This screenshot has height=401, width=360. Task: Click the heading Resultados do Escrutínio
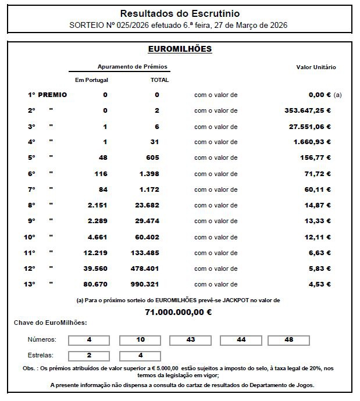tap(180, 13)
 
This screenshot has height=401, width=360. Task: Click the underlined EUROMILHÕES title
tap(180, 49)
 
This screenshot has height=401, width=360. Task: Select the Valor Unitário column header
tap(316, 67)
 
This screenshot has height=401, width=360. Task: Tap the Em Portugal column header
tap(92, 80)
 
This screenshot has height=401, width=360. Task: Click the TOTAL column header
tap(159, 80)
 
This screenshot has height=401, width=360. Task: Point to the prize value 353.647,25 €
tap(304, 110)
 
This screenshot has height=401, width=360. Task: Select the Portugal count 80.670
tap(94, 284)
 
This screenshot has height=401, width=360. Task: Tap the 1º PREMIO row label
tap(47, 95)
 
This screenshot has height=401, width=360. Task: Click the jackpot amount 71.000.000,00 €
tap(179, 312)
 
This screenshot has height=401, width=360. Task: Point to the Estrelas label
tap(40, 355)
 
